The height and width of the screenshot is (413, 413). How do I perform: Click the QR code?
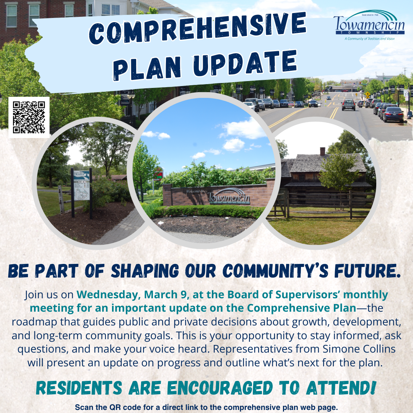tap(29, 117)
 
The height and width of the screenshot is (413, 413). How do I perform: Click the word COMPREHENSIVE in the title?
tap(198, 28)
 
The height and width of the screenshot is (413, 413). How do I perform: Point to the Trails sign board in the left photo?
tap(82, 185)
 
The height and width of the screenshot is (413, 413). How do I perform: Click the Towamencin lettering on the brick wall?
tap(228, 197)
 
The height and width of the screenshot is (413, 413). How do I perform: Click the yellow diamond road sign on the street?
tap(367, 94)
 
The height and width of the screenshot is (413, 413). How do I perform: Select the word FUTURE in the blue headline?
tap(367, 270)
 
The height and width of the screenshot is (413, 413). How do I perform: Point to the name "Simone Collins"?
tap(359, 349)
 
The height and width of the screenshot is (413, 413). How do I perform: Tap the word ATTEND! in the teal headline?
tap(341, 388)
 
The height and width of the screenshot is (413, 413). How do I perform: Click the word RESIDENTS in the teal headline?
tap(79, 388)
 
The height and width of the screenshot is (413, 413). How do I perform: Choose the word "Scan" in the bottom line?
tap(83, 407)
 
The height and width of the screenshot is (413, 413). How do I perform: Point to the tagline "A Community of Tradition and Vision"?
tap(369, 39)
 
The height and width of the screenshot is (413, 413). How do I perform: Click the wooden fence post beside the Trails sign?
tap(61, 199)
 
